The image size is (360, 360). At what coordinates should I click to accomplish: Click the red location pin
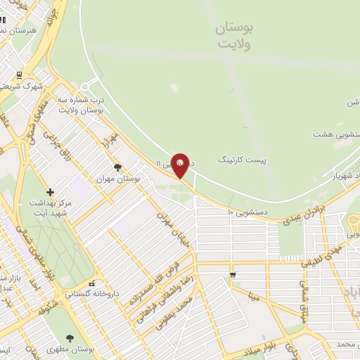[x=181, y=165]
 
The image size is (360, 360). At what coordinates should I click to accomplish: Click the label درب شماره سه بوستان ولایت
[x=81, y=105]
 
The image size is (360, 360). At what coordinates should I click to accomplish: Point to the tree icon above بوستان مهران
[x=117, y=167]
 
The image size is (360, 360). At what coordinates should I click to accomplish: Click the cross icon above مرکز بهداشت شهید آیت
[x=50, y=192]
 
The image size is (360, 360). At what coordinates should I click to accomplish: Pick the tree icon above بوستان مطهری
[x=69, y=338]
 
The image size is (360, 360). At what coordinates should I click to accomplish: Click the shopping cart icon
[x=232, y=274]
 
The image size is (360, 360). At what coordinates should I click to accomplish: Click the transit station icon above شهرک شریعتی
[x=19, y=74]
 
